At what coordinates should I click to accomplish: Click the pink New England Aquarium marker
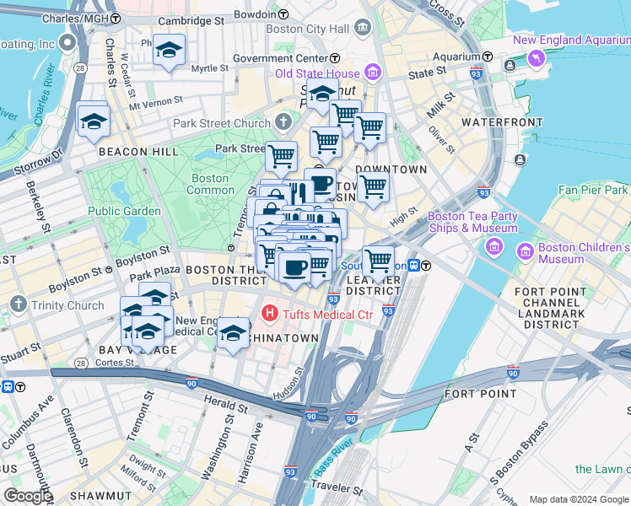point(534,57)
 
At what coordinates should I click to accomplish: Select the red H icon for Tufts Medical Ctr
point(270,315)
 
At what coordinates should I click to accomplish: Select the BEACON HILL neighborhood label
point(138,152)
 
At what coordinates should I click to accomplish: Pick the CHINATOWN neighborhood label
point(290,338)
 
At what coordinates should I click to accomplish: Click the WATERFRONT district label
point(502,122)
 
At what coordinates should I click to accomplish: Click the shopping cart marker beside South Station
point(378,261)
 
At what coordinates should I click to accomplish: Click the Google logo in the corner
point(27,496)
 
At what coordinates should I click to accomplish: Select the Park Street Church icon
point(283,123)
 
